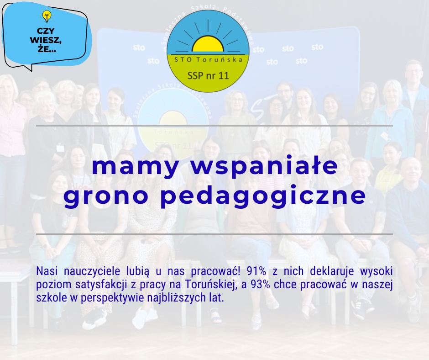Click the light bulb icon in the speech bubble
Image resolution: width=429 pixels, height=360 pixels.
[47, 16]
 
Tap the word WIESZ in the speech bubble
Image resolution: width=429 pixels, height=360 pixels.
[46, 40]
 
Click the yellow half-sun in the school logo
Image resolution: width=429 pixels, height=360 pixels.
[208, 44]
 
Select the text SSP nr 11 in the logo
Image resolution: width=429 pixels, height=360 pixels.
[208, 76]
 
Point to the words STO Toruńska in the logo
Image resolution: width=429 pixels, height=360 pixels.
[208, 59]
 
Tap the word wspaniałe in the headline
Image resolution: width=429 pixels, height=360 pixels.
[264, 167]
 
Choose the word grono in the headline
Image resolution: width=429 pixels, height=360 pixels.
[106, 196]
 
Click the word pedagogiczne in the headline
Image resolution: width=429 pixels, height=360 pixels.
[263, 195]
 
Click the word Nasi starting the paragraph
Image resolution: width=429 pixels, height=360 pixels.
[47, 271]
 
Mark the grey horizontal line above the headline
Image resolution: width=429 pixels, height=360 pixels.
[214, 126]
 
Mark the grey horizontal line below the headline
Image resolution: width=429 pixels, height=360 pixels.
[214, 234]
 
